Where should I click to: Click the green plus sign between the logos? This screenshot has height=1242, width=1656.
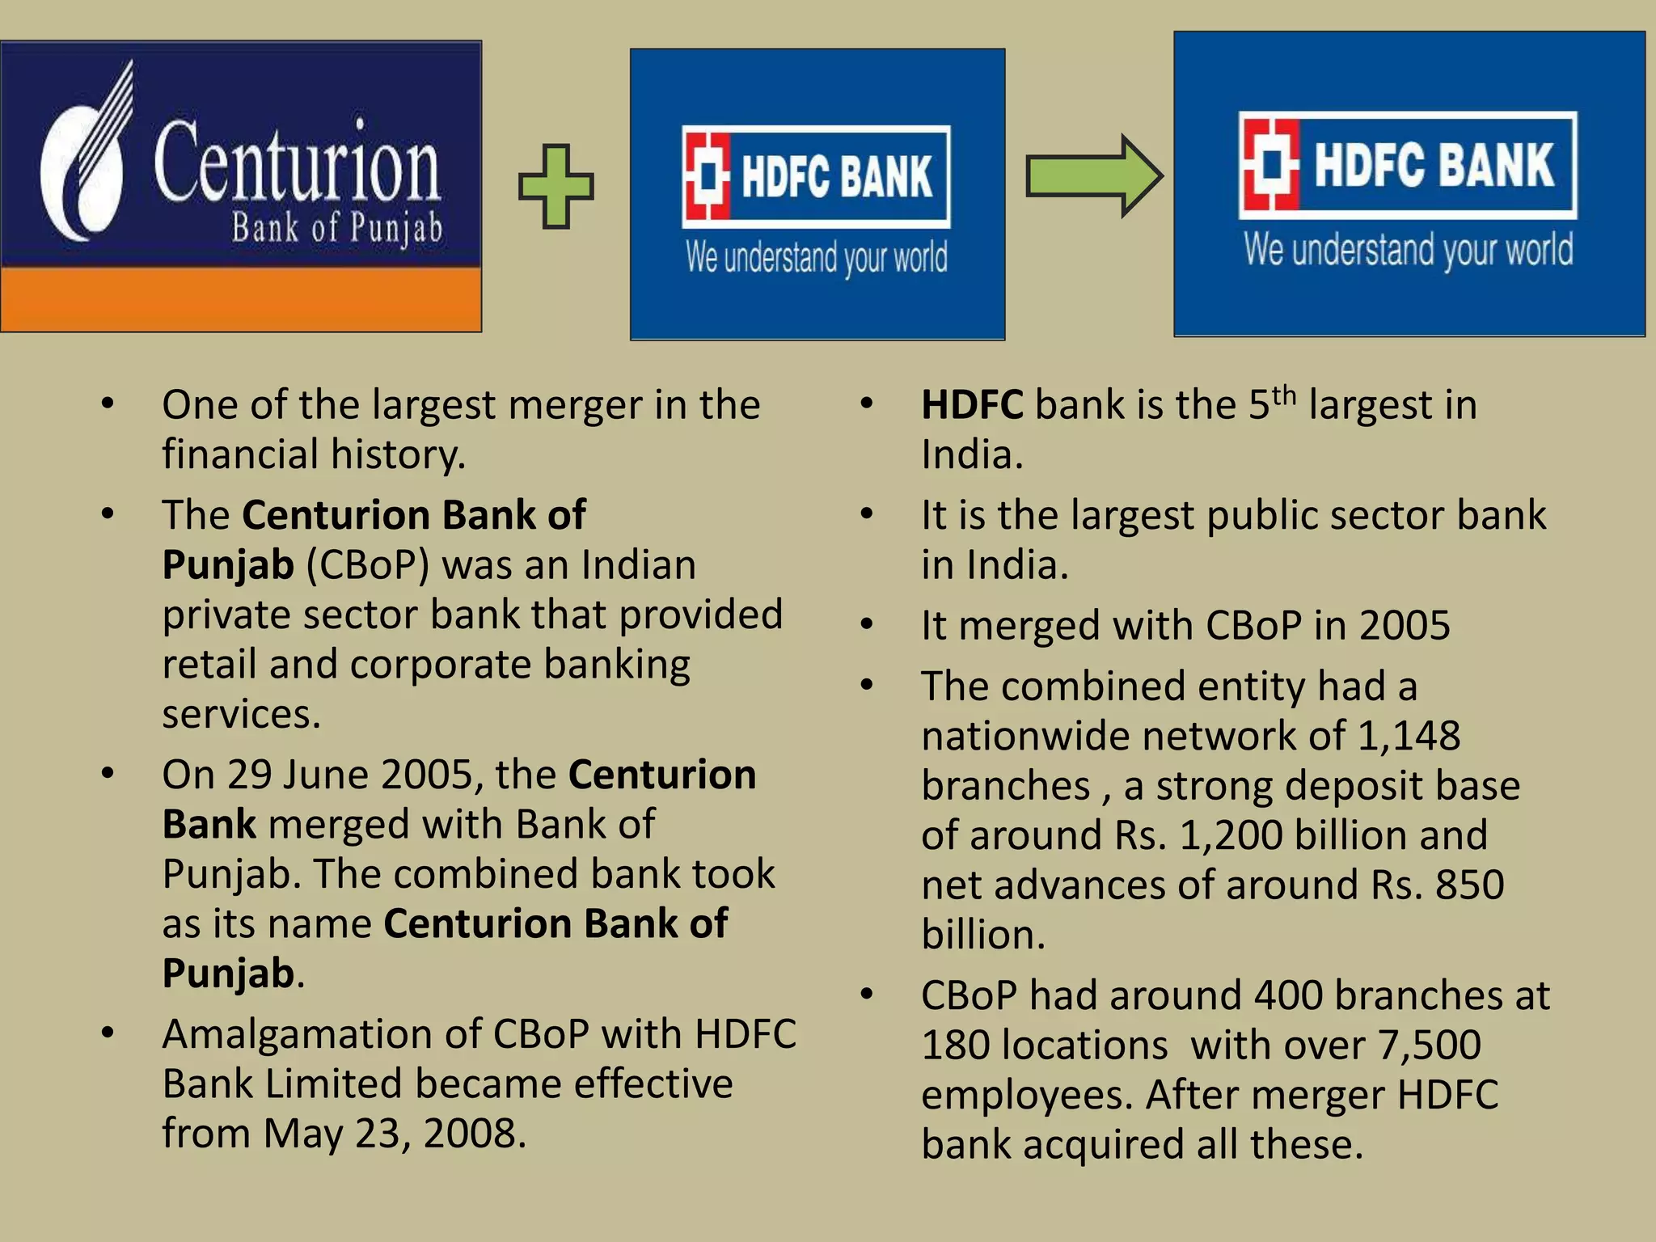tap(556, 186)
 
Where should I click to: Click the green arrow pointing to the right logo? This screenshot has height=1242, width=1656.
tap(1093, 176)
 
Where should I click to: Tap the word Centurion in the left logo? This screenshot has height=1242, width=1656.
tap(297, 163)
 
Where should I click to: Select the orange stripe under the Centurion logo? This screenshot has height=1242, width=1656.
tap(241, 299)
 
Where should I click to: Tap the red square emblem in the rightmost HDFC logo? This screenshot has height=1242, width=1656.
tap(1270, 163)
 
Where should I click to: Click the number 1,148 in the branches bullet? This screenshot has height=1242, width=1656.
tap(1409, 736)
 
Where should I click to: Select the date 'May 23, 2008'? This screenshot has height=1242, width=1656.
tap(394, 1134)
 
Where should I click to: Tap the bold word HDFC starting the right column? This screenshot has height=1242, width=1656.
tap(972, 405)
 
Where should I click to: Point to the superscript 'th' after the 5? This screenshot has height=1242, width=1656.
tap(1284, 395)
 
